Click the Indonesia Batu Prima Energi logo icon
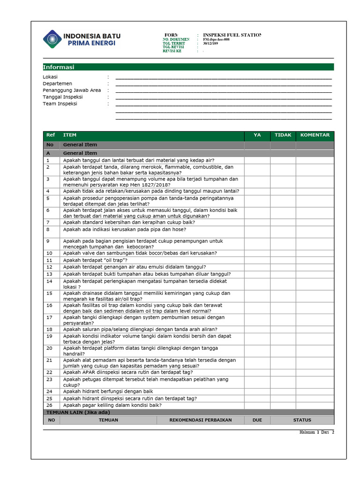pyautogui.click(x=52, y=39)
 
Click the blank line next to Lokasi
pyautogui.click(x=223, y=77)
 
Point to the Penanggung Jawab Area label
pyautogui.click(x=72, y=90)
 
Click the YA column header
pyautogui.click(x=257, y=135)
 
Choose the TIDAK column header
pyautogui.click(x=283, y=135)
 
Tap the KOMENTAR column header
pyautogui.click(x=315, y=135)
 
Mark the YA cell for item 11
pyautogui.click(x=257, y=260)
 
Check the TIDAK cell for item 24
pyautogui.click(x=283, y=391)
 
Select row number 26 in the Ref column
pyautogui.click(x=50, y=405)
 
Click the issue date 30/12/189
pyautogui.click(x=210, y=44)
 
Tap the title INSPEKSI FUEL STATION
pyautogui.click(x=232, y=35)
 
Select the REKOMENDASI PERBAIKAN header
pyautogui.click(x=201, y=420)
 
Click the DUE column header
pyautogui.click(x=257, y=420)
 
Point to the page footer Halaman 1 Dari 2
pyautogui.click(x=316, y=432)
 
